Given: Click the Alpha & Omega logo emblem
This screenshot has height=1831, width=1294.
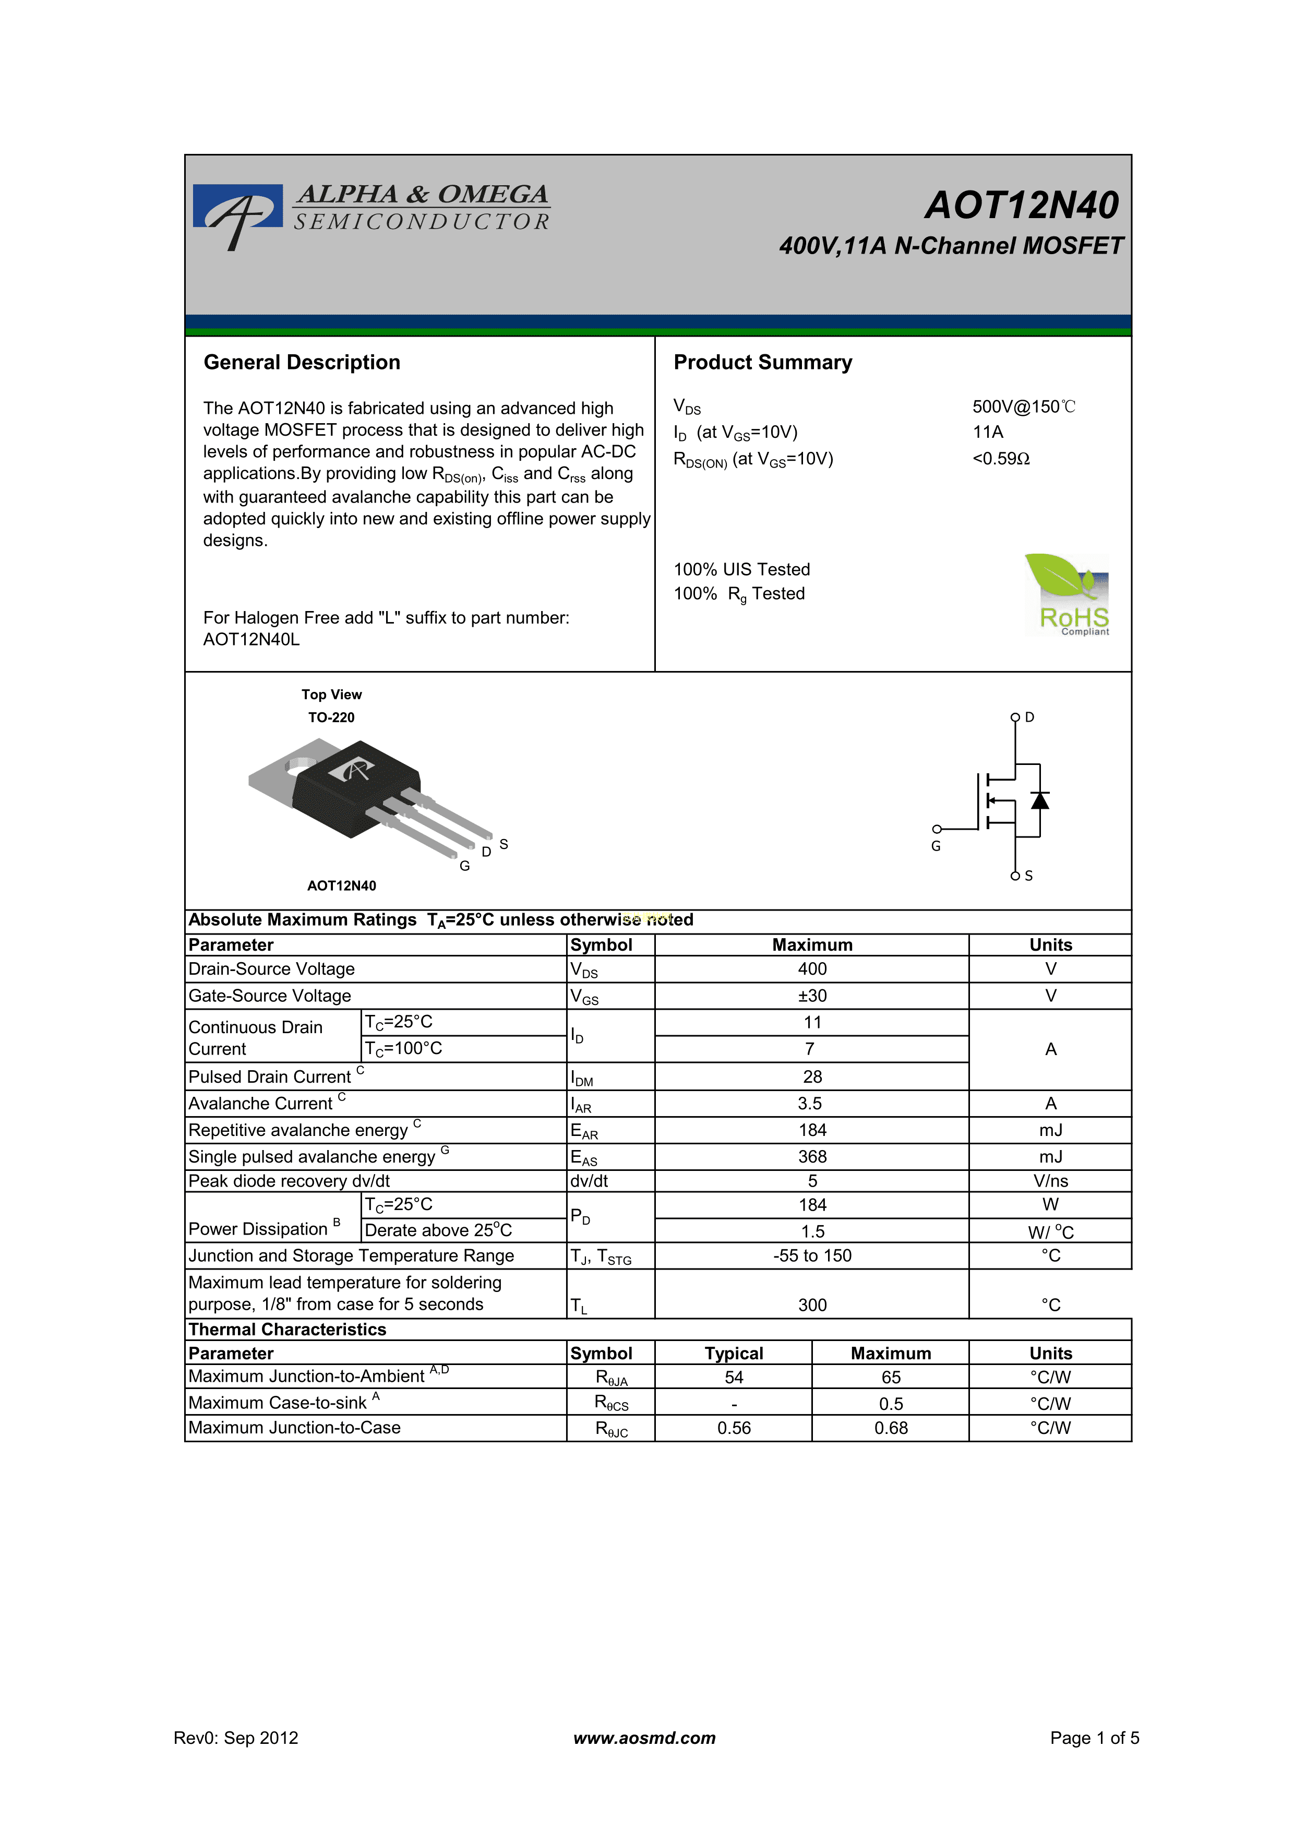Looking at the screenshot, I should pyautogui.click(x=237, y=214).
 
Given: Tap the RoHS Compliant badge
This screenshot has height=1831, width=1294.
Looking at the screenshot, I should pyautogui.click(x=1068, y=595).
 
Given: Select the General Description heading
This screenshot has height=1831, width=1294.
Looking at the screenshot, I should pyautogui.click(x=302, y=362).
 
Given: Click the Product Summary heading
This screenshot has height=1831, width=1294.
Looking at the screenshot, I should pyautogui.click(x=762, y=362).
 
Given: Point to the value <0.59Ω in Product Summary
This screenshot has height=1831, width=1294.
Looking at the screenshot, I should pyautogui.click(x=1001, y=459).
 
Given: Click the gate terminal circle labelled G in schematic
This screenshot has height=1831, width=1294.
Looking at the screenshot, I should pyautogui.click(x=937, y=829).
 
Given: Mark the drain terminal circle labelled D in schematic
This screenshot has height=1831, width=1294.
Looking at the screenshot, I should pyautogui.click(x=1015, y=717).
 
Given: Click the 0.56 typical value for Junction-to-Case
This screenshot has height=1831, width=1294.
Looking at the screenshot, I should pyautogui.click(x=734, y=1428).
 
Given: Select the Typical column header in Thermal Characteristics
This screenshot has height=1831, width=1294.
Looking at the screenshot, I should pyautogui.click(x=734, y=1354).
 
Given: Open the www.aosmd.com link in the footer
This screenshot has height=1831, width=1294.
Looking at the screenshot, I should pyautogui.click(x=644, y=1738).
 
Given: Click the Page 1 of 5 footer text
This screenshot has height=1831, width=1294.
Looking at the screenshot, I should pyautogui.click(x=1094, y=1738).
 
